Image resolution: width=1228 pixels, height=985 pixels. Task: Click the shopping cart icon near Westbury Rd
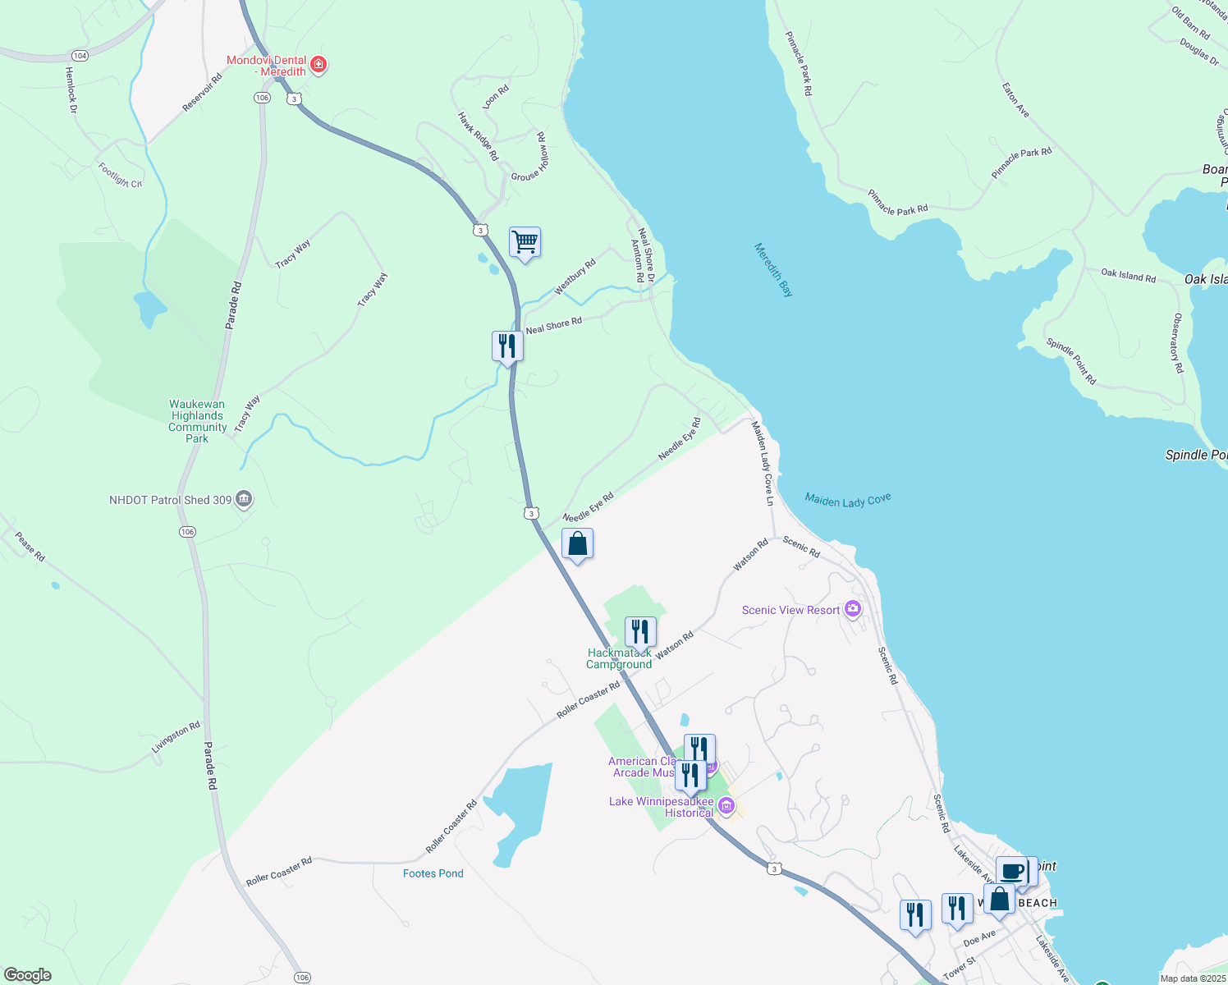pos(525,242)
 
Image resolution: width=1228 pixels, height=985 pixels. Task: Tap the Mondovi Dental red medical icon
pos(319,65)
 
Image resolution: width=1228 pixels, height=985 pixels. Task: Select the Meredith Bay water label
pos(774,269)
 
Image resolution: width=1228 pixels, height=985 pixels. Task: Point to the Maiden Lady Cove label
pos(847,500)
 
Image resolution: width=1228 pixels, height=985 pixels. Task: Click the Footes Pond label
pos(433,873)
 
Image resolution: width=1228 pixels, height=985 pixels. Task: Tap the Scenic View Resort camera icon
pos(853,609)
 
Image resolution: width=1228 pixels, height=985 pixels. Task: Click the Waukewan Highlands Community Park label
pos(197,421)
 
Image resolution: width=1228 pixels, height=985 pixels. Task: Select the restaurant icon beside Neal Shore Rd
pos(507,346)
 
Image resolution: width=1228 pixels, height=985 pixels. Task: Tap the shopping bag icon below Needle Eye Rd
pos(577,543)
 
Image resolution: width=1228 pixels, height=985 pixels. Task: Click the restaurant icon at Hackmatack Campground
pos(640,631)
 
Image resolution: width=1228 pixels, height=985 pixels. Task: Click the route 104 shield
pos(80,56)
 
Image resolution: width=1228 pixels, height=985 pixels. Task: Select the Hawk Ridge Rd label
pos(479,136)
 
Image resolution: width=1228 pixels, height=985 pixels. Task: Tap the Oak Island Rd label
pos(1128,275)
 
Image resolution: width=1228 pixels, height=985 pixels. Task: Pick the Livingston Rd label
pos(176,738)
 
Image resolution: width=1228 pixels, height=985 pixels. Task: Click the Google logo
pos(28,974)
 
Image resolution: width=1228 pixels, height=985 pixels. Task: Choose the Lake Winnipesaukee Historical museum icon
pos(726,806)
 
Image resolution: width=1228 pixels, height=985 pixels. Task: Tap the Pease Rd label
pos(30,547)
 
